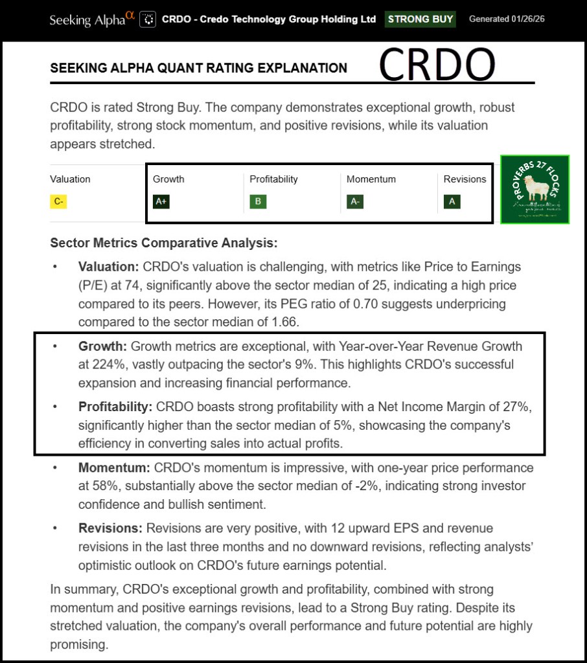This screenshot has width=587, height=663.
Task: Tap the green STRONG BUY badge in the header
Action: point(420,19)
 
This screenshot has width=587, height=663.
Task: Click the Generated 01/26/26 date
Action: point(507,19)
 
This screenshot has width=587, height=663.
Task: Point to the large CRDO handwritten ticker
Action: point(437,65)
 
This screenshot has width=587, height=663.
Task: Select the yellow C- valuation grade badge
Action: point(59,201)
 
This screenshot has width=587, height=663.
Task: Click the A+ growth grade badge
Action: point(161,201)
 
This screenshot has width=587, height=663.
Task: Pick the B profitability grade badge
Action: point(258,201)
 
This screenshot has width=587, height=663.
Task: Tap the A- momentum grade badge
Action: point(355,201)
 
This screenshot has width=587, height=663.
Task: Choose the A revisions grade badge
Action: point(452,201)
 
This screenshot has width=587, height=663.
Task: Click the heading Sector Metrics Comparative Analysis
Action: point(163,243)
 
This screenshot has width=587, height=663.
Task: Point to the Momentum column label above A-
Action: point(371,179)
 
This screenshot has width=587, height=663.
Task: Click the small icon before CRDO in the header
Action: point(149,19)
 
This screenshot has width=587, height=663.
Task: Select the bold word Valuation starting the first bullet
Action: point(108,266)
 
